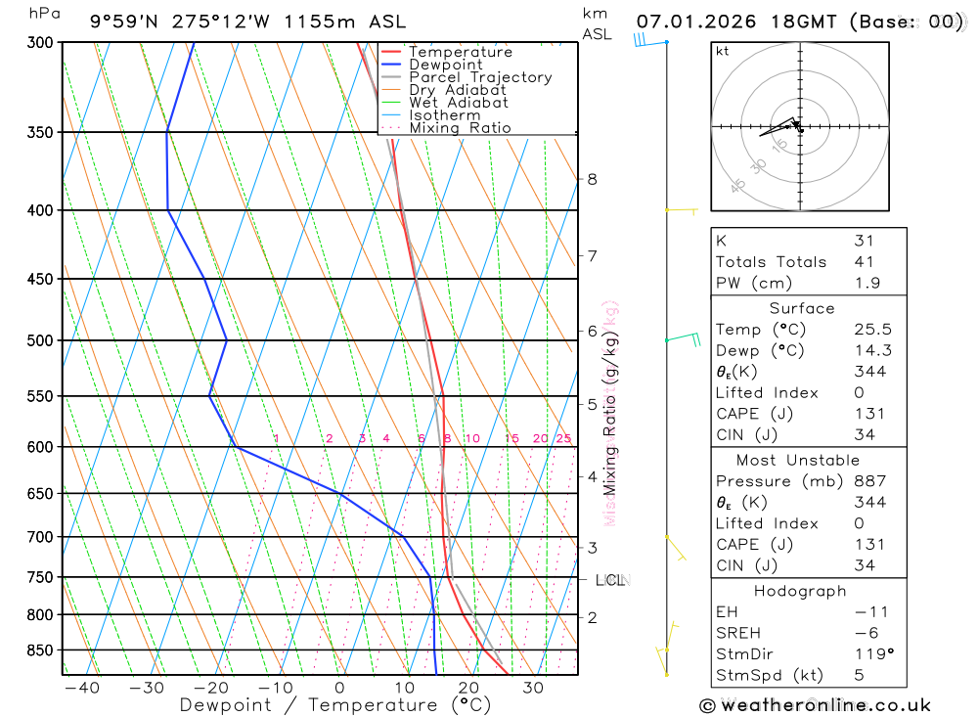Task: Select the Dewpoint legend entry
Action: pos(445,65)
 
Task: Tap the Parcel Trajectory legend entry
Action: pos(479,77)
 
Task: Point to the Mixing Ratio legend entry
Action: pos(460,128)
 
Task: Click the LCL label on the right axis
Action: pos(610,581)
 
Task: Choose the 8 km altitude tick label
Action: pos(593,179)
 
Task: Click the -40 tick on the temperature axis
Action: pos(81,688)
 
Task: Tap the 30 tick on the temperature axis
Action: pos(533,688)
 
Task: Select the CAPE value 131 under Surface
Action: pos(864,414)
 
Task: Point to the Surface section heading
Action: pos(802,308)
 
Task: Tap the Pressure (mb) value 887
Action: pos(869,481)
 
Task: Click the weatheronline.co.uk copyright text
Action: pos(815,705)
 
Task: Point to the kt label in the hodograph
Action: pos(723,51)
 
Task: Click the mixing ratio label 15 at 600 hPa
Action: pos(511,438)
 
